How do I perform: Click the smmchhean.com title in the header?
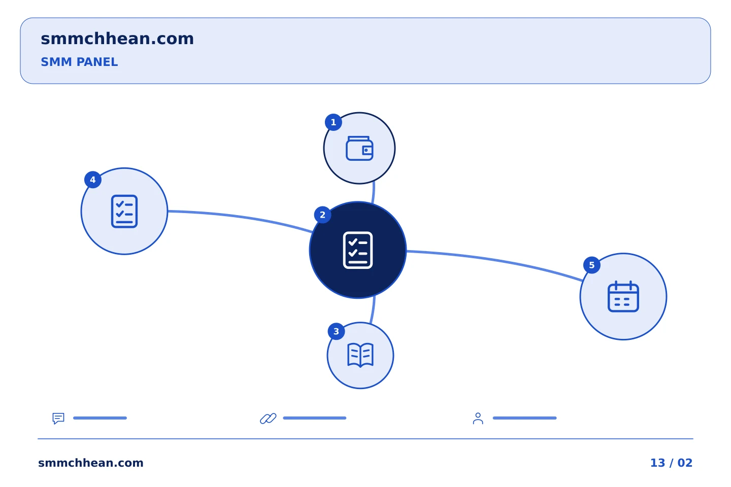pyautogui.click(x=117, y=39)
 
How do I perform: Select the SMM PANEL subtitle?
pyautogui.click(x=79, y=62)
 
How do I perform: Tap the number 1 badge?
pyautogui.click(x=333, y=122)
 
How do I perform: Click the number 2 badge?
pyautogui.click(x=322, y=215)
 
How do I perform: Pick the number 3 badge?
pyautogui.click(x=336, y=331)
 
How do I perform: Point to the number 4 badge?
pyautogui.click(x=93, y=180)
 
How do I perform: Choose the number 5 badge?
pyautogui.click(x=592, y=265)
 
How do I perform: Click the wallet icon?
pyautogui.click(x=359, y=149)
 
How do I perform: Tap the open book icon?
pyautogui.click(x=360, y=355)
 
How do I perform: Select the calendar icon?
pyautogui.click(x=623, y=296)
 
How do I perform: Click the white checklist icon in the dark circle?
pyautogui.click(x=358, y=250)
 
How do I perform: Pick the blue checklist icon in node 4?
pyautogui.click(x=124, y=212)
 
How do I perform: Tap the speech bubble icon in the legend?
pyautogui.click(x=58, y=418)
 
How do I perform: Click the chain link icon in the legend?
pyautogui.click(x=268, y=418)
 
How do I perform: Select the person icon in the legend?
pyautogui.click(x=478, y=418)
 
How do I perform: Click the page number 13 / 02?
pyautogui.click(x=671, y=463)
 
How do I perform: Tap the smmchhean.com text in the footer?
pyautogui.click(x=91, y=463)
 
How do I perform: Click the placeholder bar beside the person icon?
pyautogui.click(x=525, y=418)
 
